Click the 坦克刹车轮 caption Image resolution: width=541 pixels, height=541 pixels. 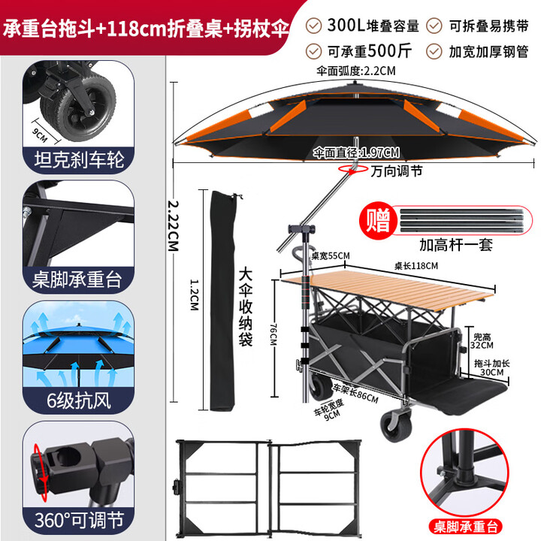(x=77, y=159)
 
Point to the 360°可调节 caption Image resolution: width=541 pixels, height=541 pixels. (x=77, y=520)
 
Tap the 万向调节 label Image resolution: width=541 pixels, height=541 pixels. (x=397, y=171)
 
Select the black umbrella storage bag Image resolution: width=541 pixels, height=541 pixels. (x=219, y=301)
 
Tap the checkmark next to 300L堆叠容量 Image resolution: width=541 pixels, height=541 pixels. (x=314, y=26)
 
